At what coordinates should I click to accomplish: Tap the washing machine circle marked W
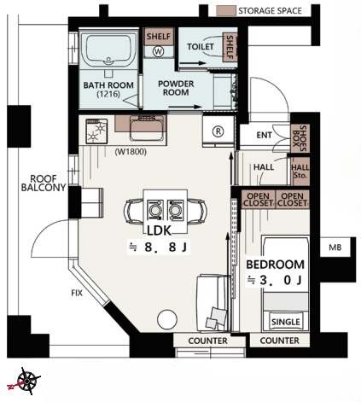[x=158, y=51]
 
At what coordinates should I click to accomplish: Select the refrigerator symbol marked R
[x=218, y=131]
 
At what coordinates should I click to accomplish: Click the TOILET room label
[x=201, y=46]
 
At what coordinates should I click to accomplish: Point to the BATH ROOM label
[x=108, y=85]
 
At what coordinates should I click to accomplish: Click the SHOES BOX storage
[x=300, y=138]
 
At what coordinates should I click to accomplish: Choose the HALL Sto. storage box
[x=300, y=172]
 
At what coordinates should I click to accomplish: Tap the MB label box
[x=335, y=248]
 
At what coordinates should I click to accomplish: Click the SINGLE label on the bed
[x=286, y=322]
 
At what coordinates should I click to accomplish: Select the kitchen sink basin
[x=147, y=129]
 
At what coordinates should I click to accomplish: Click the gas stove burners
[x=96, y=131]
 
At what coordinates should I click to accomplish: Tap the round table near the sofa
[x=167, y=319]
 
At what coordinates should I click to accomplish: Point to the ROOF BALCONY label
[x=44, y=183]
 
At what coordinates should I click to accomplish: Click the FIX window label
[x=77, y=293]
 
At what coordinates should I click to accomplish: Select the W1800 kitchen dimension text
[x=131, y=152]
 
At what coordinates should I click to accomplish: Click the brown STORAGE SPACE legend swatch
[x=226, y=11]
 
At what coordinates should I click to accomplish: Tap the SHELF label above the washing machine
[x=159, y=37]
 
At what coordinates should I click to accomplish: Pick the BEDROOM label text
[x=275, y=265]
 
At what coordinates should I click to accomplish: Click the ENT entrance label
[x=264, y=135]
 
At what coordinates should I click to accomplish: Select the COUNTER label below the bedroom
[x=279, y=341]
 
